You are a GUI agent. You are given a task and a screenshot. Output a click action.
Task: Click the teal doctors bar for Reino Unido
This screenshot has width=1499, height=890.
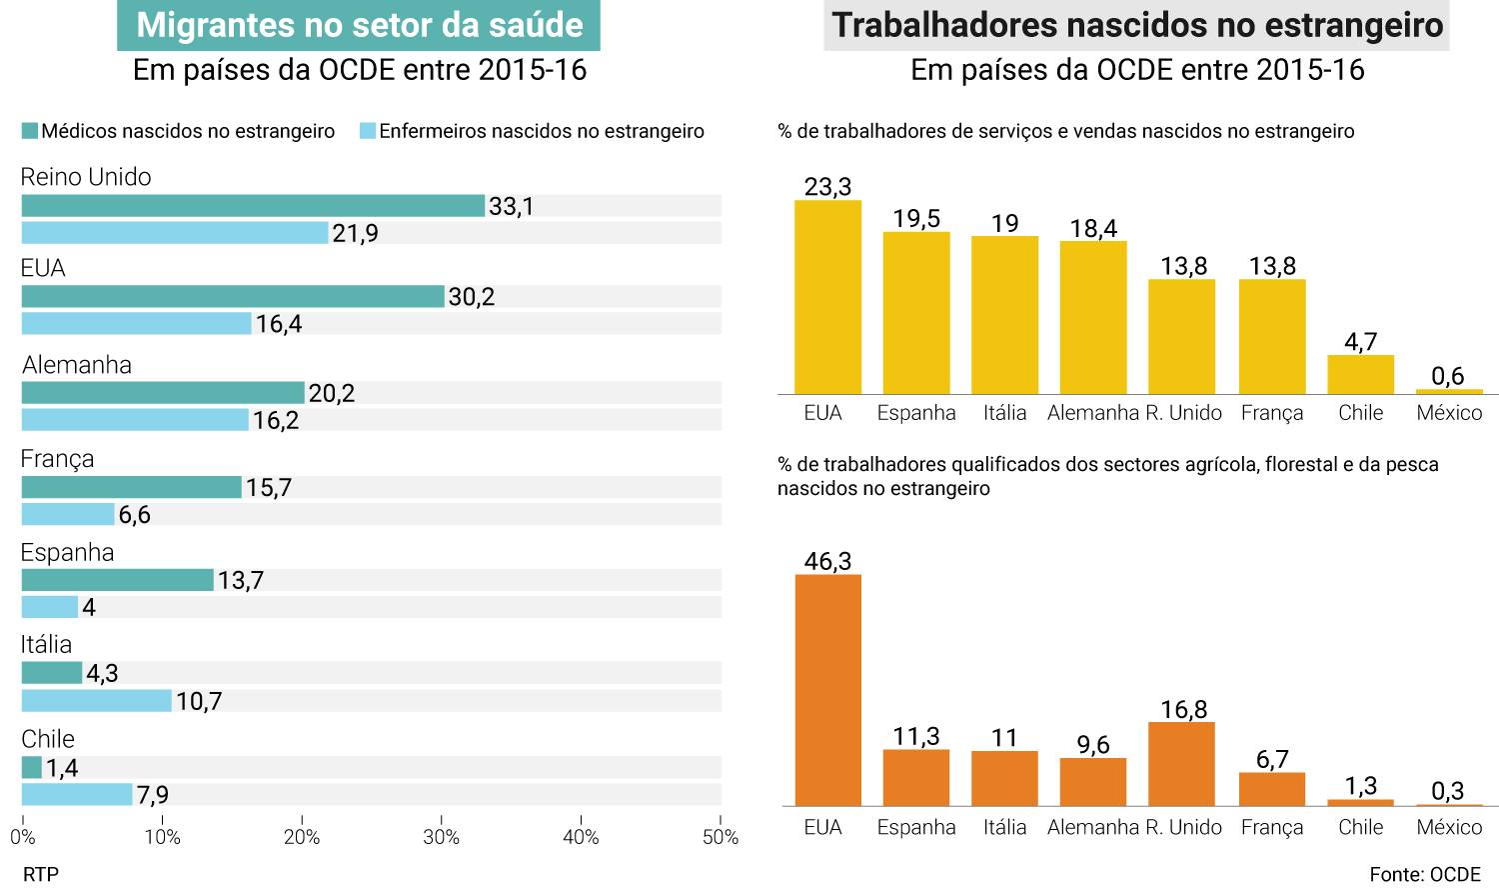point(253,206)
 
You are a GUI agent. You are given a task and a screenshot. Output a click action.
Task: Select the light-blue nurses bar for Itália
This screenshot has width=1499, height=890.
point(97,700)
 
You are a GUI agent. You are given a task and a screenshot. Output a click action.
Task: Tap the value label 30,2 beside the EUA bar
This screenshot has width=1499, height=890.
point(472,297)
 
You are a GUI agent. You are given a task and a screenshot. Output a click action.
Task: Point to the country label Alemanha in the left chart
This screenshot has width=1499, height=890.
point(77,365)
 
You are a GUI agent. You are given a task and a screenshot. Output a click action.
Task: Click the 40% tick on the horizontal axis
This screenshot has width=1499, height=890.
point(581,837)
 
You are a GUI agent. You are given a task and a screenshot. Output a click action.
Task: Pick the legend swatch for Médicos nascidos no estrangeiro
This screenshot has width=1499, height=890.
point(30,131)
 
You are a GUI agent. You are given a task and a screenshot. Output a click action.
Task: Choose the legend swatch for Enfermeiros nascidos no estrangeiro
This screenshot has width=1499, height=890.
point(368,131)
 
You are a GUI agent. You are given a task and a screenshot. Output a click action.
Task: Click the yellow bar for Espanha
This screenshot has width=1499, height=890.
point(916,313)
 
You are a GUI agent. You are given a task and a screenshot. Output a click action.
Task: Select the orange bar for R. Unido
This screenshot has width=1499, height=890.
point(1182,764)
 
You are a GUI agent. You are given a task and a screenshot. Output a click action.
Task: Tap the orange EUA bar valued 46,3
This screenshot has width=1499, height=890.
point(828,690)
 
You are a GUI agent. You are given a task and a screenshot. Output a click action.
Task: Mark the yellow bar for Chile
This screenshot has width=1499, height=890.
point(1360,375)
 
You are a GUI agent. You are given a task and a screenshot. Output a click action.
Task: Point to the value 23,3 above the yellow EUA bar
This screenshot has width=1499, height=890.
point(828,187)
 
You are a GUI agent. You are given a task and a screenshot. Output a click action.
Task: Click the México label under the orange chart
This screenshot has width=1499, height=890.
point(1449,827)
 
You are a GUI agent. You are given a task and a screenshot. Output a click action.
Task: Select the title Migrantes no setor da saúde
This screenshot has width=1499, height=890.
point(359,25)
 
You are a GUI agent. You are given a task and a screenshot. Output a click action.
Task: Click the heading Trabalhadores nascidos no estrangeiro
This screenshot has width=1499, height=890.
point(1137,25)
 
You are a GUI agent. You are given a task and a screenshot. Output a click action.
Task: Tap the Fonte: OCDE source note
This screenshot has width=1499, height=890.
point(1425,875)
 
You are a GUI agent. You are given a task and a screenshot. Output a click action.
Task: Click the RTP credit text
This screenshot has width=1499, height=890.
point(41,875)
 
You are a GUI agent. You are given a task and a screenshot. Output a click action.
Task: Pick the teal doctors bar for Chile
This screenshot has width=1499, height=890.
point(32,768)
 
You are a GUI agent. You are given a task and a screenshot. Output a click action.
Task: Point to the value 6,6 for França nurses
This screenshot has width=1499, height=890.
point(135,515)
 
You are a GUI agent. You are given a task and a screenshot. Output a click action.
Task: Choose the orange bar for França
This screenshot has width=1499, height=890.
point(1272,789)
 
